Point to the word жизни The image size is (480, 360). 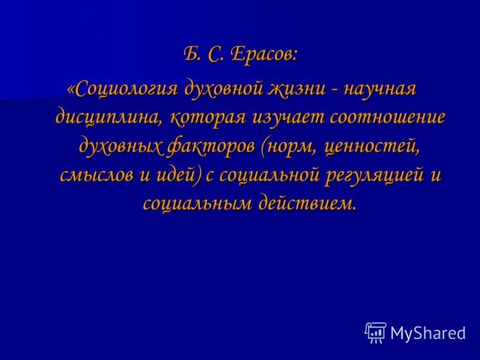pyautogui.click(x=297, y=88)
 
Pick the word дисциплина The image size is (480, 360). pyautogui.click(x=108, y=116)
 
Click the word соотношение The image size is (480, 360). pyautogui.click(x=388, y=116)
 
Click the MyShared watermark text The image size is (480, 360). pyautogui.click(x=428, y=333)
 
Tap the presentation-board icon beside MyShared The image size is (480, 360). pyautogui.click(x=376, y=332)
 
